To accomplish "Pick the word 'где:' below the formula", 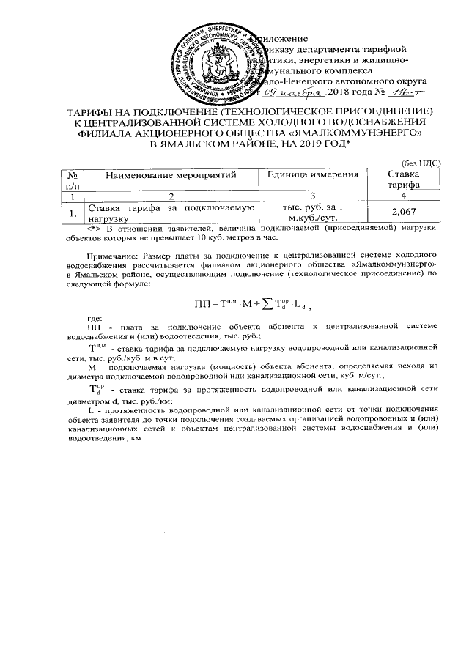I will click(x=95, y=317).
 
